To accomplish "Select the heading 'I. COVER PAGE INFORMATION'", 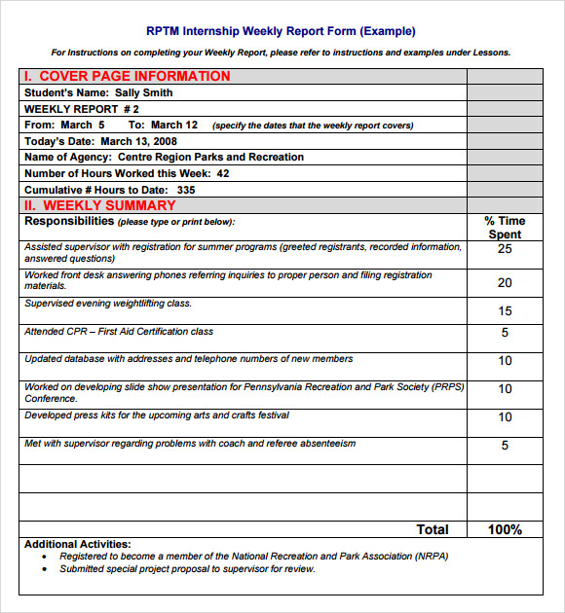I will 128,76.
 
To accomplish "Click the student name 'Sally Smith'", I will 144,92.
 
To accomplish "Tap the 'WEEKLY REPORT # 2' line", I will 82,109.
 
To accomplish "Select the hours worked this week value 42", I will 223,173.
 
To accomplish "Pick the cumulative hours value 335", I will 186,190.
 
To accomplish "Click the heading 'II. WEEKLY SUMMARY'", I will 100,205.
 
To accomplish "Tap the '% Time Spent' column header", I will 505,228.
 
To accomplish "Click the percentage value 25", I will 505,249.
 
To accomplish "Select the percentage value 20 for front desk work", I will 505,283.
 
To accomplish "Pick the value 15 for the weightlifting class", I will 505,311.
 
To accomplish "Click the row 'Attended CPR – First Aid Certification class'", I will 119,332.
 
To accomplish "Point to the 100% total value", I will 505,529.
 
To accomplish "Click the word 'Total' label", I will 433,529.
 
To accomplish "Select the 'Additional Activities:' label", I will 75,544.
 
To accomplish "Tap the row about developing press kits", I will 157,415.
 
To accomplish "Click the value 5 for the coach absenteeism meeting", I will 505,446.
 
